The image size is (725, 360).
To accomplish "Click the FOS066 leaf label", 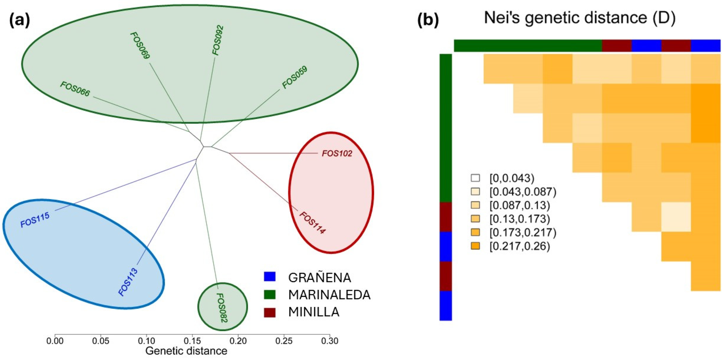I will (75, 89).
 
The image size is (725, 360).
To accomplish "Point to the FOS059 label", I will (294, 77).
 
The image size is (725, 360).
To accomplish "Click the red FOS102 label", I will (337, 154).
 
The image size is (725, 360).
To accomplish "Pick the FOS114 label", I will (312, 223).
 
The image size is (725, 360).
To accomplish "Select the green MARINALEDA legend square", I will (270, 294).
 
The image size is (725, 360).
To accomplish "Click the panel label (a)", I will (20, 21).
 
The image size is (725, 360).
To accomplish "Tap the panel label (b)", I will (428, 21).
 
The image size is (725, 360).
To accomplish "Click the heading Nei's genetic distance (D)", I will (580, 18).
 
